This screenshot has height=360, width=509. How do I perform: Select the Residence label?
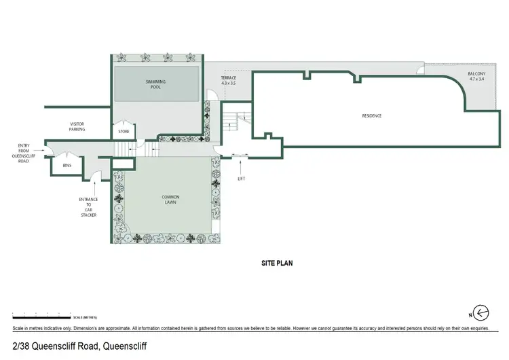[x=371, y=116]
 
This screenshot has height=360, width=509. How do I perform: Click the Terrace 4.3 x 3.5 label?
[x=228, y=81]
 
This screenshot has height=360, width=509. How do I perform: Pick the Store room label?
[x=124, y=131]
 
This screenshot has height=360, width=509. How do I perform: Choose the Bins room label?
[x=67, y=165]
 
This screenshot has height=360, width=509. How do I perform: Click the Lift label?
[x=240, y=179]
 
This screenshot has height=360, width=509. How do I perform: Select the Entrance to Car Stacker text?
[x=89, y=206]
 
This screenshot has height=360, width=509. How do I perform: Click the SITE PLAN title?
[x=277, y=262]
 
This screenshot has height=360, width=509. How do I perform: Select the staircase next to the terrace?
[x=234, y=122]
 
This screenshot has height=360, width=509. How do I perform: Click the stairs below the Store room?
[x=123, y=148]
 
